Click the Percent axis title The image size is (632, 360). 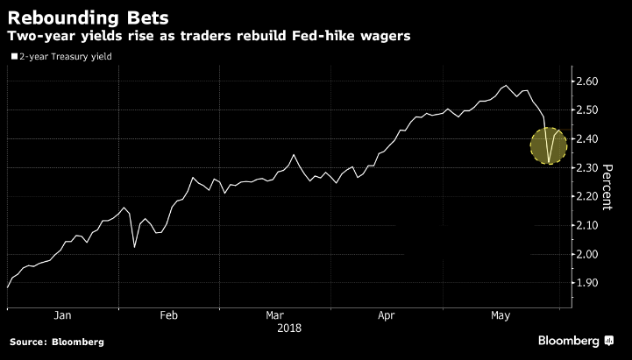(x=606, y=184)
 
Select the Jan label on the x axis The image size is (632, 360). (x=62, y=315)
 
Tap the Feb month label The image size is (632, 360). (x=169, y=315)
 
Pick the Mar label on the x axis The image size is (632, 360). (x=274, y=315)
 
